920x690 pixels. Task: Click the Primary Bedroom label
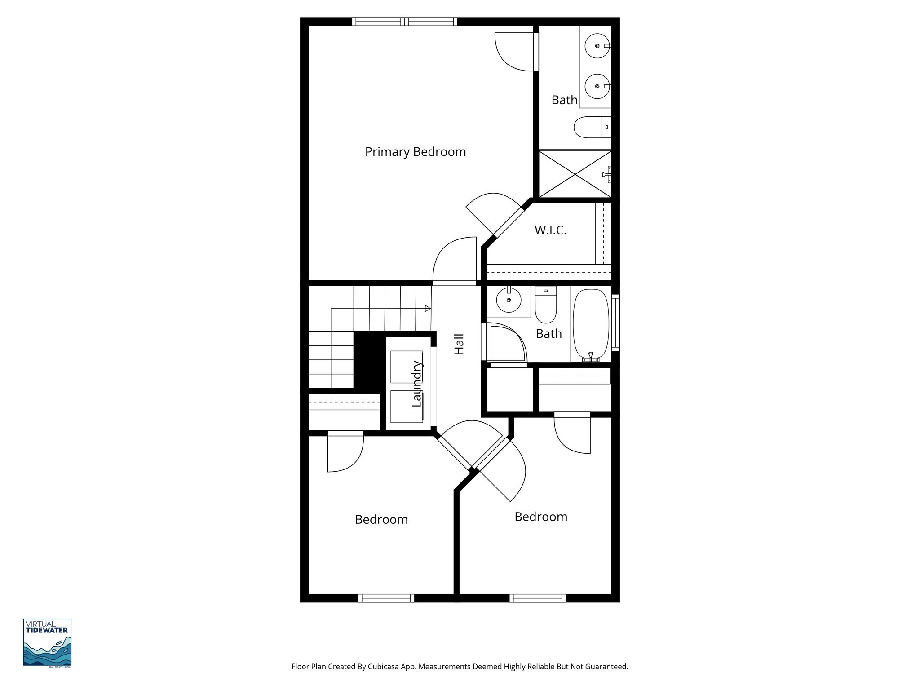pos(415,152)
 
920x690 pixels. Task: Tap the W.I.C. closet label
pos(550,230)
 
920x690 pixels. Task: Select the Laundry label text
pos(417,384)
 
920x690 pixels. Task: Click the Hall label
pos(459,344)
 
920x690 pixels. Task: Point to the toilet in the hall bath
pos(546,305)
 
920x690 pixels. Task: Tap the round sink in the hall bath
pos(509,300)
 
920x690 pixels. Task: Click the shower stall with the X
pos(575,173)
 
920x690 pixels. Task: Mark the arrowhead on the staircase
pos(428,309)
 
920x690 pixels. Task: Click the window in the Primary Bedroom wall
pos(405,21)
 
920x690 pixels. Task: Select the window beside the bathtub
pos(615,322)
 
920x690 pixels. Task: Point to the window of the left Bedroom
pos(386,598)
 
